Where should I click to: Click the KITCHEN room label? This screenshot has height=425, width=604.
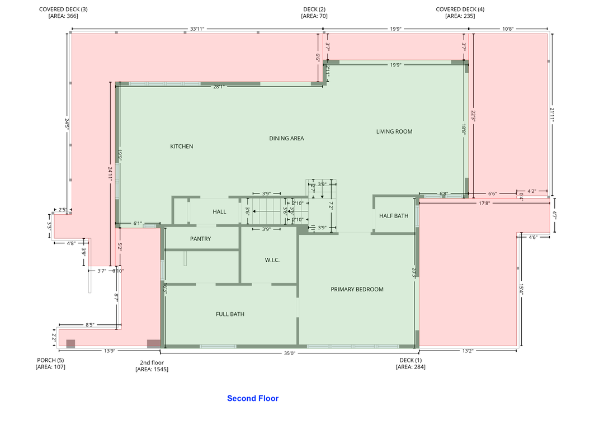point(182,147)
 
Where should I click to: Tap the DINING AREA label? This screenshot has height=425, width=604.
point(286,138)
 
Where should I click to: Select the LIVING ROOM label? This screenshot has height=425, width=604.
point(394,131)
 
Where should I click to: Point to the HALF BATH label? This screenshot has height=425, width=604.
point(394,216)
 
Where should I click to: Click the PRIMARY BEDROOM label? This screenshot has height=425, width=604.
point(357,289)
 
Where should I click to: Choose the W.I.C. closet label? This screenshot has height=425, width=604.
point(272,260)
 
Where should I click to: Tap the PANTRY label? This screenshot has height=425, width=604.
point(200,239)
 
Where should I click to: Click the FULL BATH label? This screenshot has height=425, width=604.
point(230,314)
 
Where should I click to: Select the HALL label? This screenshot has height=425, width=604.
point(219,211)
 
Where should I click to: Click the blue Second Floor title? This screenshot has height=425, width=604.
point(253,399)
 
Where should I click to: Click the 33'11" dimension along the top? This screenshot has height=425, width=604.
point(197,29)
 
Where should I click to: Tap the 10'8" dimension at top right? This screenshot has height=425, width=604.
point(508,29)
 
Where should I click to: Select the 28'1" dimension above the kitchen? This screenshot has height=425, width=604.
point(219,87)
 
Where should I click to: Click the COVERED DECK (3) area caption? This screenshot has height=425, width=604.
point(63,12)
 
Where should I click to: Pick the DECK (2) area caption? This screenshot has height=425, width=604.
point(314,12)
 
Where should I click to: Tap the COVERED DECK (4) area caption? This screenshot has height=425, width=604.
point(460,12)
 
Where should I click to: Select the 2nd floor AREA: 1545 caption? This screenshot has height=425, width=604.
point(152,366)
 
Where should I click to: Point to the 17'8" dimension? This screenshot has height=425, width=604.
point(485,203)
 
